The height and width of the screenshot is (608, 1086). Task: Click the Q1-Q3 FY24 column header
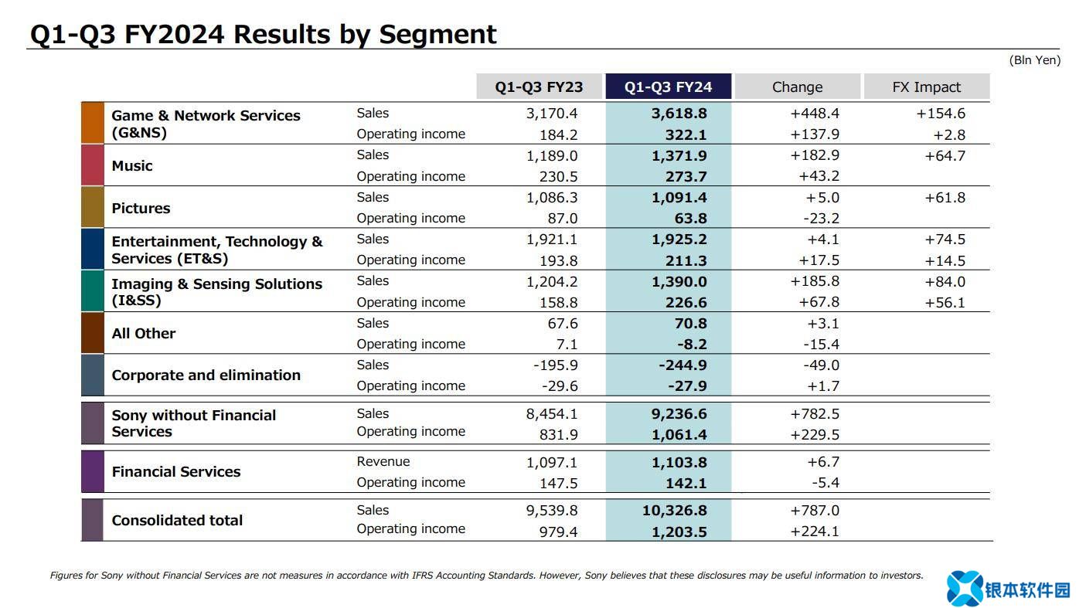[x=668, y=87]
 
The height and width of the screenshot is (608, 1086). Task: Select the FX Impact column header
[x=926, y=87]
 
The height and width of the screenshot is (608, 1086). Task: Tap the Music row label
[x=132, y=166]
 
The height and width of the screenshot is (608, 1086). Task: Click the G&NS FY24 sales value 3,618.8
[x=679, y=114]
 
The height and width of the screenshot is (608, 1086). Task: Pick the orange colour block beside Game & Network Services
[x=92, y=123]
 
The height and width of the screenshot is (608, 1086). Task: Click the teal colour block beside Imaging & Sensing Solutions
[x=92, y=291]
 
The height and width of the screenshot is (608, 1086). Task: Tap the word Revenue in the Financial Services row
[x=383, y=462]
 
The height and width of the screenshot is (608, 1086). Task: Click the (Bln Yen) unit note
[x=1034, y=60]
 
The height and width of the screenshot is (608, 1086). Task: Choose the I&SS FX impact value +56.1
[x=945, y=303]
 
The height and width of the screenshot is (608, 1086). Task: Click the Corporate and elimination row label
[x=206, y=375]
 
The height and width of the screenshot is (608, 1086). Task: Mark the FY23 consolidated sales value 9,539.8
[x=552, y=511]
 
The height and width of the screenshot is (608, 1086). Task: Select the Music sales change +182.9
[x=815, y=155]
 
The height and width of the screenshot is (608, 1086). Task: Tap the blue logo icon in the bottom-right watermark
[x=964, y=589]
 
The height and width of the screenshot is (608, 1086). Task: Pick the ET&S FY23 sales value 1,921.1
[x=552, y=239]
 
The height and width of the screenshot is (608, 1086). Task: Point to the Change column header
[x=797, y=87]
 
